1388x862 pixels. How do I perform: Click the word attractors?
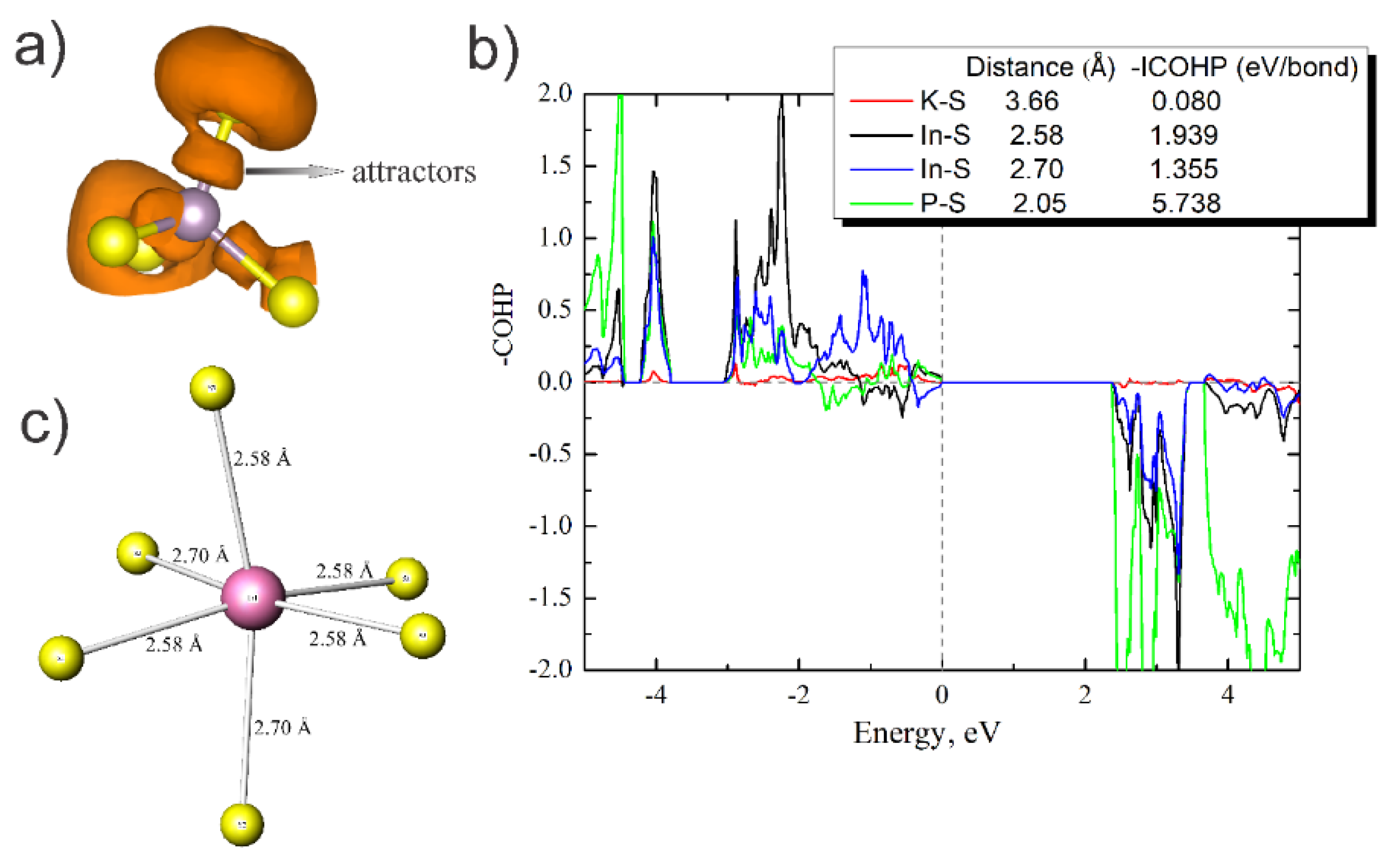coord(413,172)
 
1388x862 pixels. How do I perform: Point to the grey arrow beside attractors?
coord(294,171)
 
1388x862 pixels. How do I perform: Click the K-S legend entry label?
coord(942,101)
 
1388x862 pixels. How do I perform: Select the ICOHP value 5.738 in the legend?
coord(1185,203)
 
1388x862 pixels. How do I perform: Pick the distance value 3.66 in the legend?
coord(1032,101)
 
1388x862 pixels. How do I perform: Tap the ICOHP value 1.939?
coord(1184,135)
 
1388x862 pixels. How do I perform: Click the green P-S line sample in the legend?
coord(881,203)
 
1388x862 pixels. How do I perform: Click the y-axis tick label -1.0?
coord(550,526)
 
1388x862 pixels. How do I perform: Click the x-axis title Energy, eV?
coord(926,733)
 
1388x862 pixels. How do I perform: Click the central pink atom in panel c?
coord(253,597)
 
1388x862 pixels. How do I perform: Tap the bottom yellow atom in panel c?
coord(242,824)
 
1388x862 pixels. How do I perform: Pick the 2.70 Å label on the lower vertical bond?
coord(282,728)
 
